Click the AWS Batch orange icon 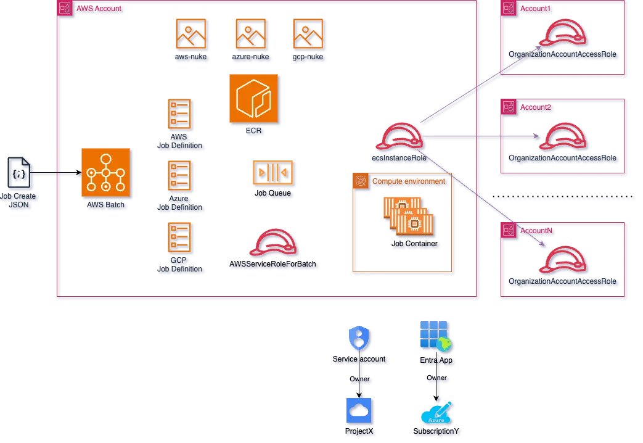click(105, 173)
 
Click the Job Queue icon click(272, 172)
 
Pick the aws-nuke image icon click(192, 34)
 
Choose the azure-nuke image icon click(250, 34)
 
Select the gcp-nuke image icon click(308, 34)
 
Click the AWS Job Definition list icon click(180, 115)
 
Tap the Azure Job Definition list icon click(180, 175)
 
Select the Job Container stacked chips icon click(408, 217)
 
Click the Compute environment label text click(408, 182)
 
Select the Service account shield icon click(359, 338)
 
